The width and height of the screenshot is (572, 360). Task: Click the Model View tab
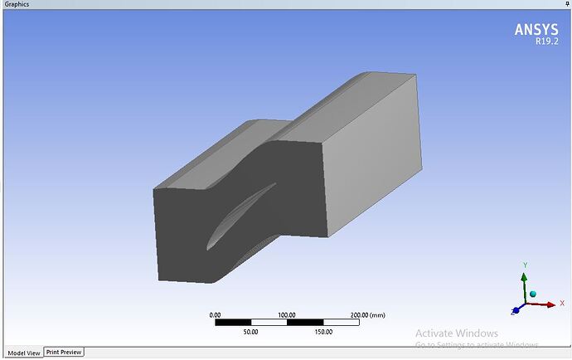[x=22, y=353]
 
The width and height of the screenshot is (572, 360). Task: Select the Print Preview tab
[x=64, y=353]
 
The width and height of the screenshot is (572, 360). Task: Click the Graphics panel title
[x=17, y=4]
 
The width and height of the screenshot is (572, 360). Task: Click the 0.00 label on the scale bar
[x=215, y=315]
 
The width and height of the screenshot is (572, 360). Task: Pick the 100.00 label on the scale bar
[x=287, y=315]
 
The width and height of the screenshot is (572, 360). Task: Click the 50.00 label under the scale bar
[x=250, y=331]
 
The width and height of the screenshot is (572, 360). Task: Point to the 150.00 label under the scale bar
[x=322, y=331]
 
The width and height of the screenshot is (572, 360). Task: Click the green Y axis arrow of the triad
[x=524, y=283]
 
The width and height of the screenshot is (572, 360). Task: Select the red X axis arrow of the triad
[x=542, y=304]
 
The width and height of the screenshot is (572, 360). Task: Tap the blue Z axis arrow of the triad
[x=516, y=311]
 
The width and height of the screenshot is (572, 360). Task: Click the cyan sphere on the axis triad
[x=533, y=294]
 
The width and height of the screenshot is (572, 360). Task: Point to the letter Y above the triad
[x=525, y=265]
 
